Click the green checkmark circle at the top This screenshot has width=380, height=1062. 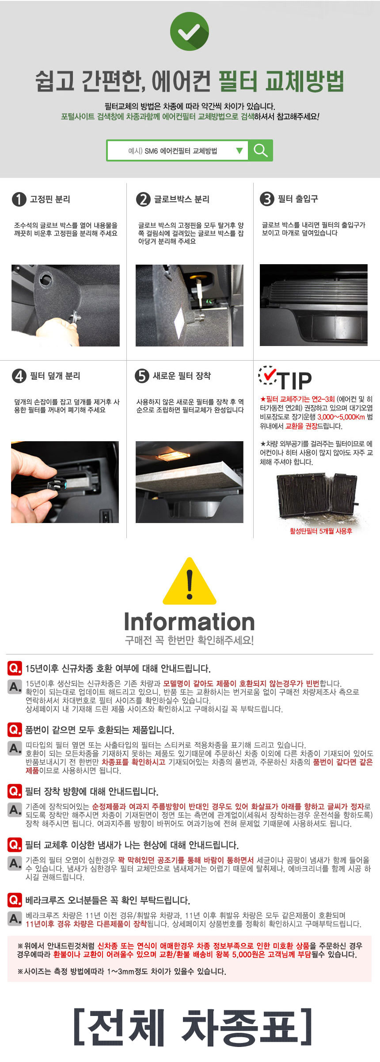pos(190,31)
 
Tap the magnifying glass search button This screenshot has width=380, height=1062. pos(261,150)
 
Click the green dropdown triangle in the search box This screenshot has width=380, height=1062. pos(239,150)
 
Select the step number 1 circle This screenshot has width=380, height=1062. pos(19,199)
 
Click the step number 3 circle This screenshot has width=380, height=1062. pos(267,199)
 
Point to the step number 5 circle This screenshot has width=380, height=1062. pos(142,376)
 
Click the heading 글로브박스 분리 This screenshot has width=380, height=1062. pos(182,199)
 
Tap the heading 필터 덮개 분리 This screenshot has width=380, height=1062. pos(55,376)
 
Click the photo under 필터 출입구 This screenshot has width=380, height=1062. pos(314,305)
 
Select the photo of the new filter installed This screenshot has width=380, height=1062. pos(190,482)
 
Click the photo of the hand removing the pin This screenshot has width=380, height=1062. pos(65,305)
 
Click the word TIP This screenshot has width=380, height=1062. pos(295,381)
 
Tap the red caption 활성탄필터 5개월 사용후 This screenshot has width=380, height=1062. pos(321,531)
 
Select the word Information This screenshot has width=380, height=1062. pos(190,622)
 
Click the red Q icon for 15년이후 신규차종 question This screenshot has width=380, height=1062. pos(15,668)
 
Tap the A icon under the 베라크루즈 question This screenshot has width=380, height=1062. pos(15,919)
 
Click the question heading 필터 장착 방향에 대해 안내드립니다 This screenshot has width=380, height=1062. pos(91,791)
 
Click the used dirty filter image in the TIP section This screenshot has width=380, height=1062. pos(317,498)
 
